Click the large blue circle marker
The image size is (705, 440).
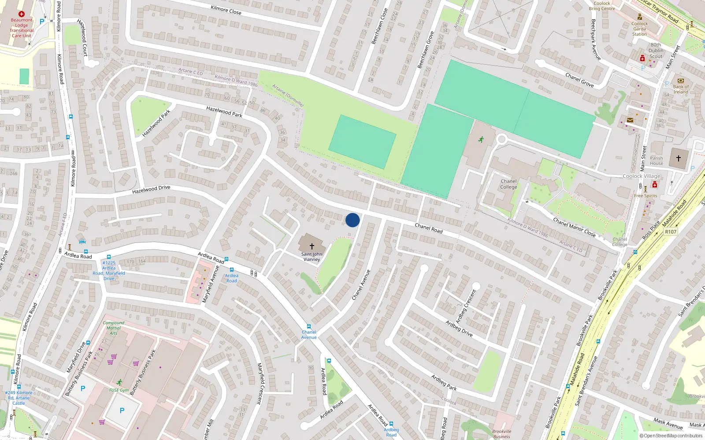[x=352, y=220]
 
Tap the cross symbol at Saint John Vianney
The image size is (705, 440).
[x=312, y=246]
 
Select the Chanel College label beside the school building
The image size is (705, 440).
[x=508, y=184]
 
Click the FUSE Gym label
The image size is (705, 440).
[x=119, y=390]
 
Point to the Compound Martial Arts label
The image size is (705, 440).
[x=113, y=328]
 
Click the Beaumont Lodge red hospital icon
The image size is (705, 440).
[x=21, y=14]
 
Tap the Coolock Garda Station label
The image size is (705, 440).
[x=639, y=29]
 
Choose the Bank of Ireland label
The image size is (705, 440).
[x=680, y=89]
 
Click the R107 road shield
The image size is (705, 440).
[x=670, y=232]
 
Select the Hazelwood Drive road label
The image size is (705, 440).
[x=151, y=190]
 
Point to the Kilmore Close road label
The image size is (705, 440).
[x=226, y=9]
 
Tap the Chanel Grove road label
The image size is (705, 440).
[x=579, y=80]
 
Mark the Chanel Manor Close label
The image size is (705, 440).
[x=574, y=227]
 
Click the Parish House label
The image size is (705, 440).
[x=656, y=161]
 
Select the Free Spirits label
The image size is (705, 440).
[x=645, y=196]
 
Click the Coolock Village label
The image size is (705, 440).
[x=641, y=176]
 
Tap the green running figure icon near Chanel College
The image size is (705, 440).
[x=481, y=139]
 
